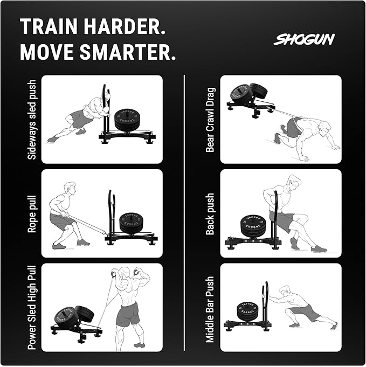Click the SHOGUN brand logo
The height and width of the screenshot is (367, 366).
point(304,39)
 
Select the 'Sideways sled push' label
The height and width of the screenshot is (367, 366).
point(32,120)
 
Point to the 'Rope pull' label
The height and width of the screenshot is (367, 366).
point(32,213)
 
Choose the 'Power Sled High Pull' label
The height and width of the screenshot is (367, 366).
point(32,306)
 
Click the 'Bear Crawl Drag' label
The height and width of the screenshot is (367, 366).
point(210,119)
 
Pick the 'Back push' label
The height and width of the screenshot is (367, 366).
point(210,213)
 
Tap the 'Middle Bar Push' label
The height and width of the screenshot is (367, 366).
point(210,309)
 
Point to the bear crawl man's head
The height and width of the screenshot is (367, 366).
point(324,130)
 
